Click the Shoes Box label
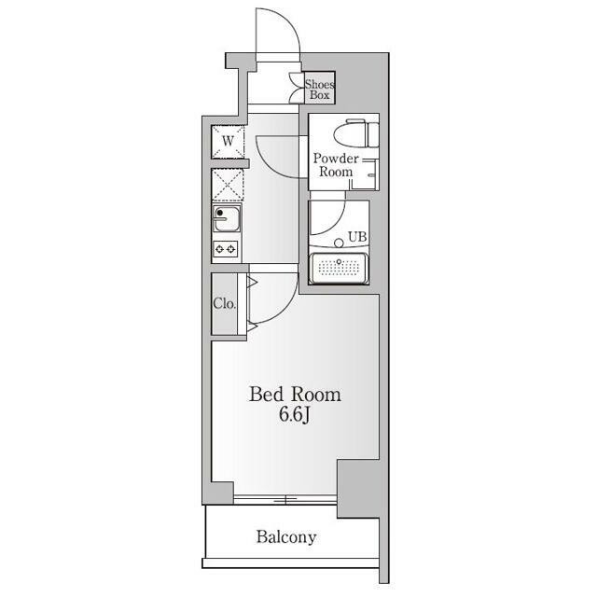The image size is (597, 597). coord(319,90)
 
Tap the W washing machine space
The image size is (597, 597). coord(228,141)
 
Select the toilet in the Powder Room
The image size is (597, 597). coord(356,132)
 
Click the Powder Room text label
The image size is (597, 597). coord(336,165)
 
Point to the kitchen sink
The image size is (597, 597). coord(227,218)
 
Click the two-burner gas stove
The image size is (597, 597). coord(226,249)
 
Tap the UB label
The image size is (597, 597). coord(357,237)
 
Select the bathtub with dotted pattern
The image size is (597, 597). coord(339,268)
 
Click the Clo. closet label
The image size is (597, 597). coord(224,303)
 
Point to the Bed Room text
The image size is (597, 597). coord(295,395)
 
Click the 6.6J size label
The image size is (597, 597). coord(295,414)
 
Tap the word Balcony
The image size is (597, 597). coord(286,537)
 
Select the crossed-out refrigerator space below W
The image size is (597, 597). coord(228,185)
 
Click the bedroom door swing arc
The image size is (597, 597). coord(283,306)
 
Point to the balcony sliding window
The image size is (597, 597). coord(285,499)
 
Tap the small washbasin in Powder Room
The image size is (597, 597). coord(370,174)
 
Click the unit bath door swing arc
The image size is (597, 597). coord(335,220)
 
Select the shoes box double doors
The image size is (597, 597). coord(298,89)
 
